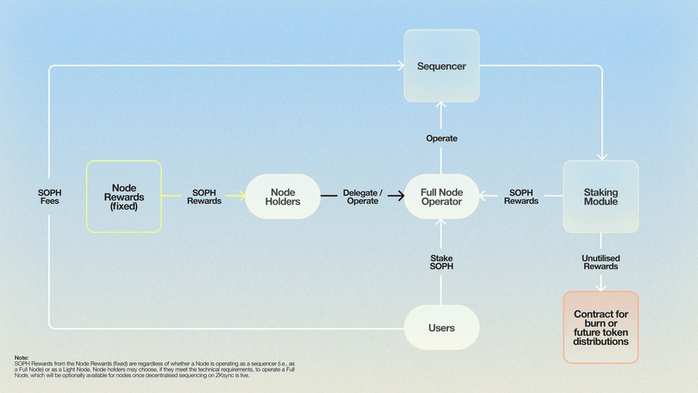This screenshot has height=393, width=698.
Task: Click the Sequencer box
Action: coord(441,66)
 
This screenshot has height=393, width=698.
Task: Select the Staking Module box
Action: coord(600,196)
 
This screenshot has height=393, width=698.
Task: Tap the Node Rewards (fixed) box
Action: coord(124,196)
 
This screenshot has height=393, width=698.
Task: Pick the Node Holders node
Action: coord(283,196)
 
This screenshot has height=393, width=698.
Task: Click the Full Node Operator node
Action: coord(441,196)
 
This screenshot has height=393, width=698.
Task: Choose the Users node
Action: coord(441,327)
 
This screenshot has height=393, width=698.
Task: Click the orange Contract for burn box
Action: coord(600,327)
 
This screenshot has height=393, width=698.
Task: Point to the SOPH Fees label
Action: coord(50,197)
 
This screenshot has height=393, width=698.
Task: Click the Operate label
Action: coord(441,138)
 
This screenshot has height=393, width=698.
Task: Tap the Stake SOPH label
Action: coord(441,262)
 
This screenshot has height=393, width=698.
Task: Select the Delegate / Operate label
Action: coord(362,197)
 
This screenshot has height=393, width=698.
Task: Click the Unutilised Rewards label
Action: coord(600,262)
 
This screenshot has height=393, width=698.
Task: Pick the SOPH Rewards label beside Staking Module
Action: coord(521,197)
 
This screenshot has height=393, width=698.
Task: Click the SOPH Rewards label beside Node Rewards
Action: coord(204,197)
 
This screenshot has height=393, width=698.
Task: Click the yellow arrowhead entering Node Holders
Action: coord(241,195)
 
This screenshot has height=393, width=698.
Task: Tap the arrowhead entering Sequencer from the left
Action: coord(401,66)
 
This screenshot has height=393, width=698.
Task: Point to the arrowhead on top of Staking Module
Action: coord(602,157)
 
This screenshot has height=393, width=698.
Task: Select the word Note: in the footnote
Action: coord(22,357)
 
